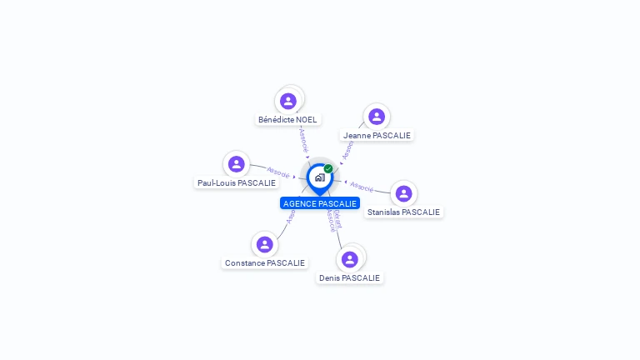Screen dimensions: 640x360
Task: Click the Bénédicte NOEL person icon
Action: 288,101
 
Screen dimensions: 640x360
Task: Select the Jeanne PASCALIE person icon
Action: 377,117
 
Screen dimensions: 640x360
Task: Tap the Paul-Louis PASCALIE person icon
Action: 237,164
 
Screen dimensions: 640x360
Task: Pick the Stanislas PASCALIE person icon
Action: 404,193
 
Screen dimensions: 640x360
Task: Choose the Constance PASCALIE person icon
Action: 265,244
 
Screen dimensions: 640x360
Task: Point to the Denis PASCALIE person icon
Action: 350,259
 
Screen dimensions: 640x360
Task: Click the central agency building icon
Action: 319,177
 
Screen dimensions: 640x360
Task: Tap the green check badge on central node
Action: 328,168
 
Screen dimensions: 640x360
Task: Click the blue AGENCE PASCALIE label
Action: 320,203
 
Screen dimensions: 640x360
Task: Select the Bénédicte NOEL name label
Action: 287,119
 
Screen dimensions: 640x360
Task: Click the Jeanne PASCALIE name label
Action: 377,135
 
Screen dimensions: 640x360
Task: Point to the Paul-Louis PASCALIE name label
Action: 237,182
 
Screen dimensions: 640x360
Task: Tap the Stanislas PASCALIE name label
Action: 403,212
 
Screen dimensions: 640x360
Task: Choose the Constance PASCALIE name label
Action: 265,262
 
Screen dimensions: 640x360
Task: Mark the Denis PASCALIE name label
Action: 349,277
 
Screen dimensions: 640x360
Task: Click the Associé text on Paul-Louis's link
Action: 278,173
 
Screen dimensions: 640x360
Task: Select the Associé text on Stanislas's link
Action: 362,187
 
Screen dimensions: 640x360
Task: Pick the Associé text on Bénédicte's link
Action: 304,139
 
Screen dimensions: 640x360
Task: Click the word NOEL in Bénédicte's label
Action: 305,119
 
